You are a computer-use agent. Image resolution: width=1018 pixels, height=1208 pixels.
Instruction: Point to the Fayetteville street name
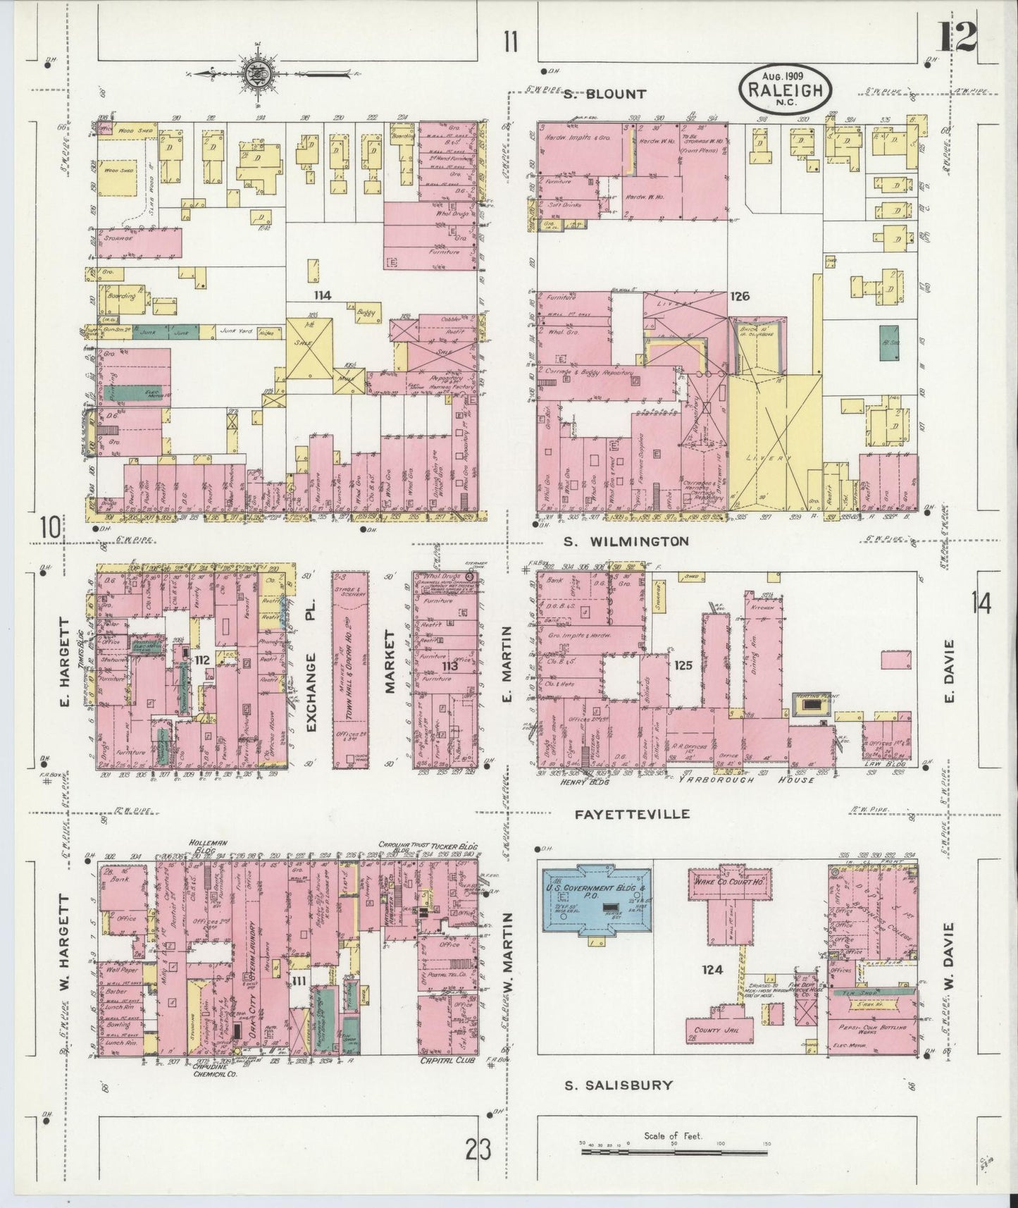(x=632, y=814)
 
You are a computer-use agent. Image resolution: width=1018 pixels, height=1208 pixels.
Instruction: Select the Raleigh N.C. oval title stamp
(x=786, y=88)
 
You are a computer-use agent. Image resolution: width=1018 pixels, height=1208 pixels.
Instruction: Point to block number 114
(x=323, y=295)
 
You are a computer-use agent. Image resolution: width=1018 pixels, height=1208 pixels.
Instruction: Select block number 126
(x=740, y=296)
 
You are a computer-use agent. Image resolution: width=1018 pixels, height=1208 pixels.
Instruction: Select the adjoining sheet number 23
(x=478, y=1150)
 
